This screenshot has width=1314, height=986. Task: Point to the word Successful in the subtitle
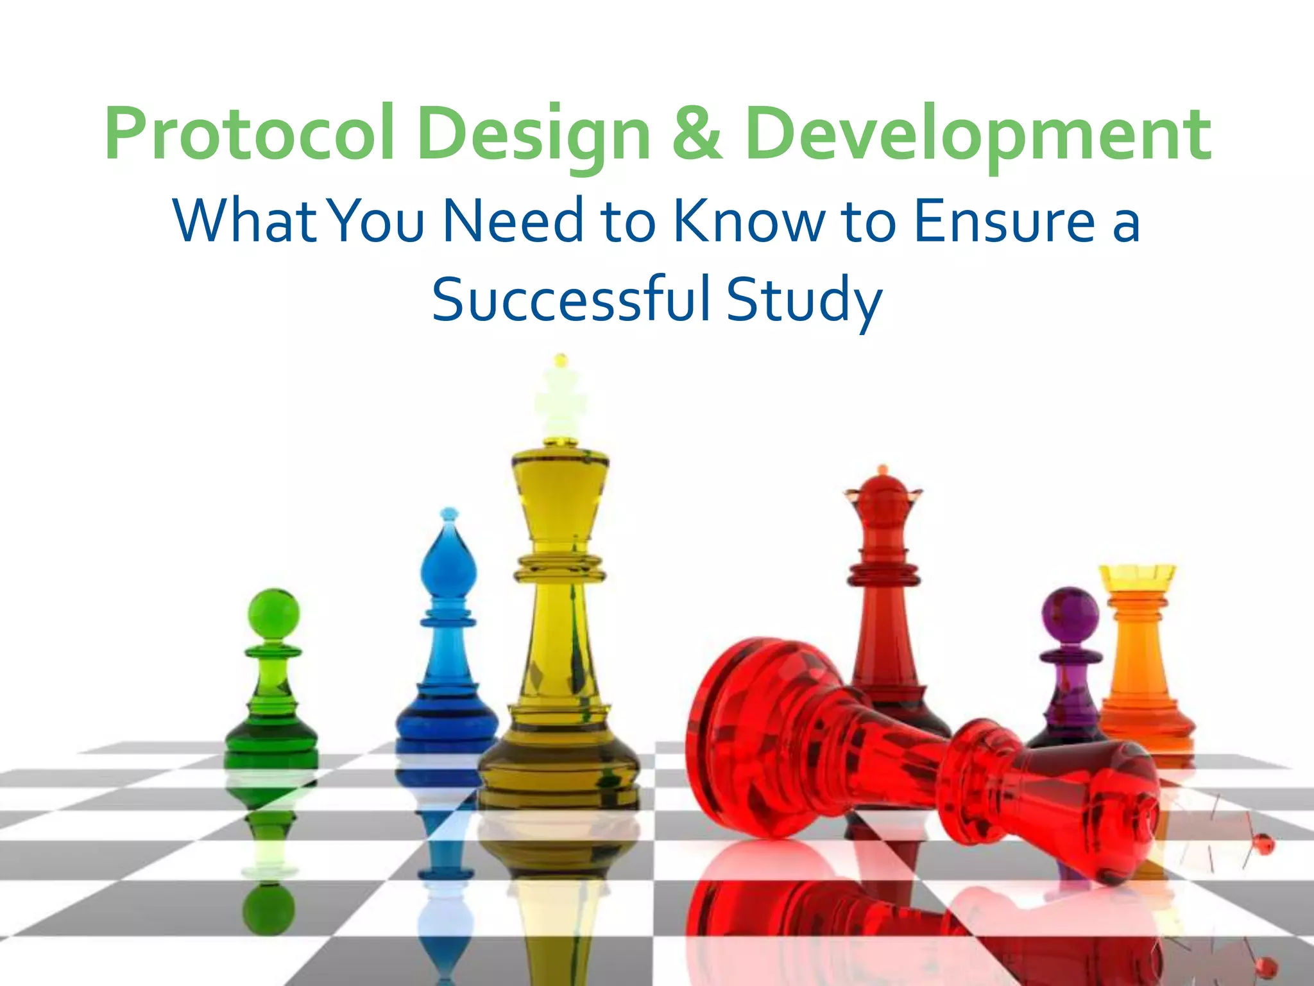coord(571,299)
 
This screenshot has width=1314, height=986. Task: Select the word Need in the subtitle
coord(513,221)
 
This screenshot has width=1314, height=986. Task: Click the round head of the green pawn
coord(273,614)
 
